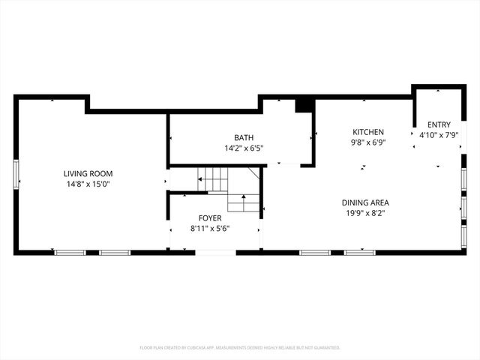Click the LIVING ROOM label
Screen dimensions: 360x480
coord(88,173)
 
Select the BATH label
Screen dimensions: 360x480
coord(243,137)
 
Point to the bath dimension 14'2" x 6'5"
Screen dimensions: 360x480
coord(243,148)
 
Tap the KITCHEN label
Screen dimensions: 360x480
coord(367,131)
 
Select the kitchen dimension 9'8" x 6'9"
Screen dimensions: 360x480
coord(367,142)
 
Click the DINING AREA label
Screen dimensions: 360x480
coord(365,202)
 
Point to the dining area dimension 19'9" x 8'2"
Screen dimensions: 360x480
coord(365,213)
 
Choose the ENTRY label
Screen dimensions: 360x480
coord(439,124)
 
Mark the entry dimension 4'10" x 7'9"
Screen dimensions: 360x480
coord(439,135)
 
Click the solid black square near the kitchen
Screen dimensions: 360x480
coord(304,106)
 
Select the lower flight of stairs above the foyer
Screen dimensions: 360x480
coord(244,202)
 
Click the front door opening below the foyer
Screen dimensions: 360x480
coord(215,253)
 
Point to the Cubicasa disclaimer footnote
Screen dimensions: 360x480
coord(240,348)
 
